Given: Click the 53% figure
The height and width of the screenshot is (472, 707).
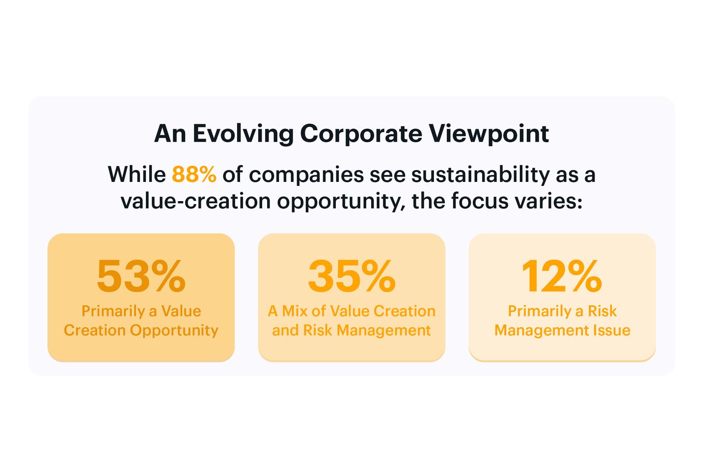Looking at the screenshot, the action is click(141, 276).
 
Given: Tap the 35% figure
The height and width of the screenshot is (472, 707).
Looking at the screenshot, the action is click(352, 276).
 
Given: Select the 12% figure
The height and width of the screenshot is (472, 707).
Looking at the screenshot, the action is click(562, 276).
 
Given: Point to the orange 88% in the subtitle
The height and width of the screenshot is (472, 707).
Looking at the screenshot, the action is click(194, 174).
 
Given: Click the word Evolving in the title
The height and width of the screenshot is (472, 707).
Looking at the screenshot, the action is click(244, 134).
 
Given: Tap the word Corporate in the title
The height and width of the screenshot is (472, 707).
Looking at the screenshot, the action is click(361, 134).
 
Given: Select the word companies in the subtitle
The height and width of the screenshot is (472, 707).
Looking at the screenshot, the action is click(306, 175).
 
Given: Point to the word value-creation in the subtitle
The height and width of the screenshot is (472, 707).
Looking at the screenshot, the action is click(196, 201).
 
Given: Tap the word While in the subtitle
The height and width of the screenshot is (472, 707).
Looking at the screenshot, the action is click(136, 174).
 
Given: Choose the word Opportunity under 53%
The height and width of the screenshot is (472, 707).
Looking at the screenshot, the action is click(174, 331).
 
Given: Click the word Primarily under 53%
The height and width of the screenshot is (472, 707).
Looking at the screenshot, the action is click(113, 311).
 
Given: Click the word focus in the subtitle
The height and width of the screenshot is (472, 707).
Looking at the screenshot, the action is click(480, 201).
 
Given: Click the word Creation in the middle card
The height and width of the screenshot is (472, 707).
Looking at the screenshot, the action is click(405, 311).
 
